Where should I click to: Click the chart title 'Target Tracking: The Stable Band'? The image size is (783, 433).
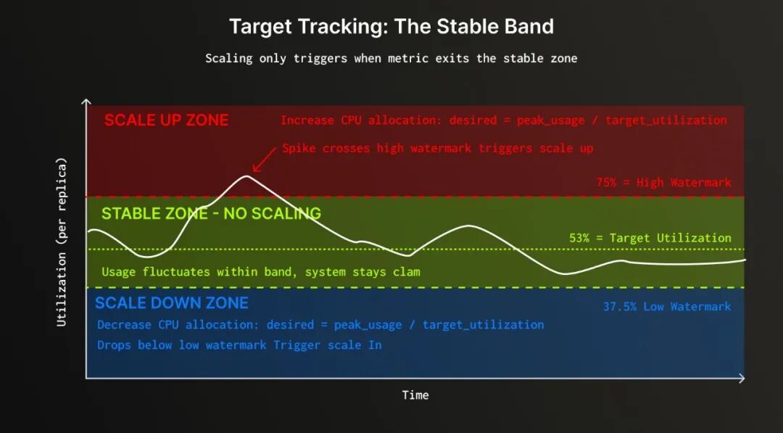point(391,26)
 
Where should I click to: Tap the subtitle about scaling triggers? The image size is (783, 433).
point(391,59)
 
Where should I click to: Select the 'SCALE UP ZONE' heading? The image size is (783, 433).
point(166,120)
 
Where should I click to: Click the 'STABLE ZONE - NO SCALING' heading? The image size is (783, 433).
point(211,213)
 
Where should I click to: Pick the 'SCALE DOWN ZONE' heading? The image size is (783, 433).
point(171,303)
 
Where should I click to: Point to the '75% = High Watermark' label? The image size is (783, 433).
point(663,183)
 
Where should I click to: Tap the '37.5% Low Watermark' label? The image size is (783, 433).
point(667,306)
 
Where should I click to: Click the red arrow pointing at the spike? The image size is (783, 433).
point(264,160)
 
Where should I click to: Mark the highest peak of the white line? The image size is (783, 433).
point(246,176)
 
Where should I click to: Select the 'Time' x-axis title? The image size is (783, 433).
point(415,395)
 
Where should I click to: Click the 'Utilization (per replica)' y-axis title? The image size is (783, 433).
point(62,242)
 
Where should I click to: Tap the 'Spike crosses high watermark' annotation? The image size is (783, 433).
point(437,149)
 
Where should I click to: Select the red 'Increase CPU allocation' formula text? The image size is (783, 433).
point(503,120)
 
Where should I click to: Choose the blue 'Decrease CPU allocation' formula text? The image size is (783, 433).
point(320,325)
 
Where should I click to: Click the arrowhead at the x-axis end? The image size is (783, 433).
point(742,378)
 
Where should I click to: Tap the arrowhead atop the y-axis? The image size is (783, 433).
point(86,102)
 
